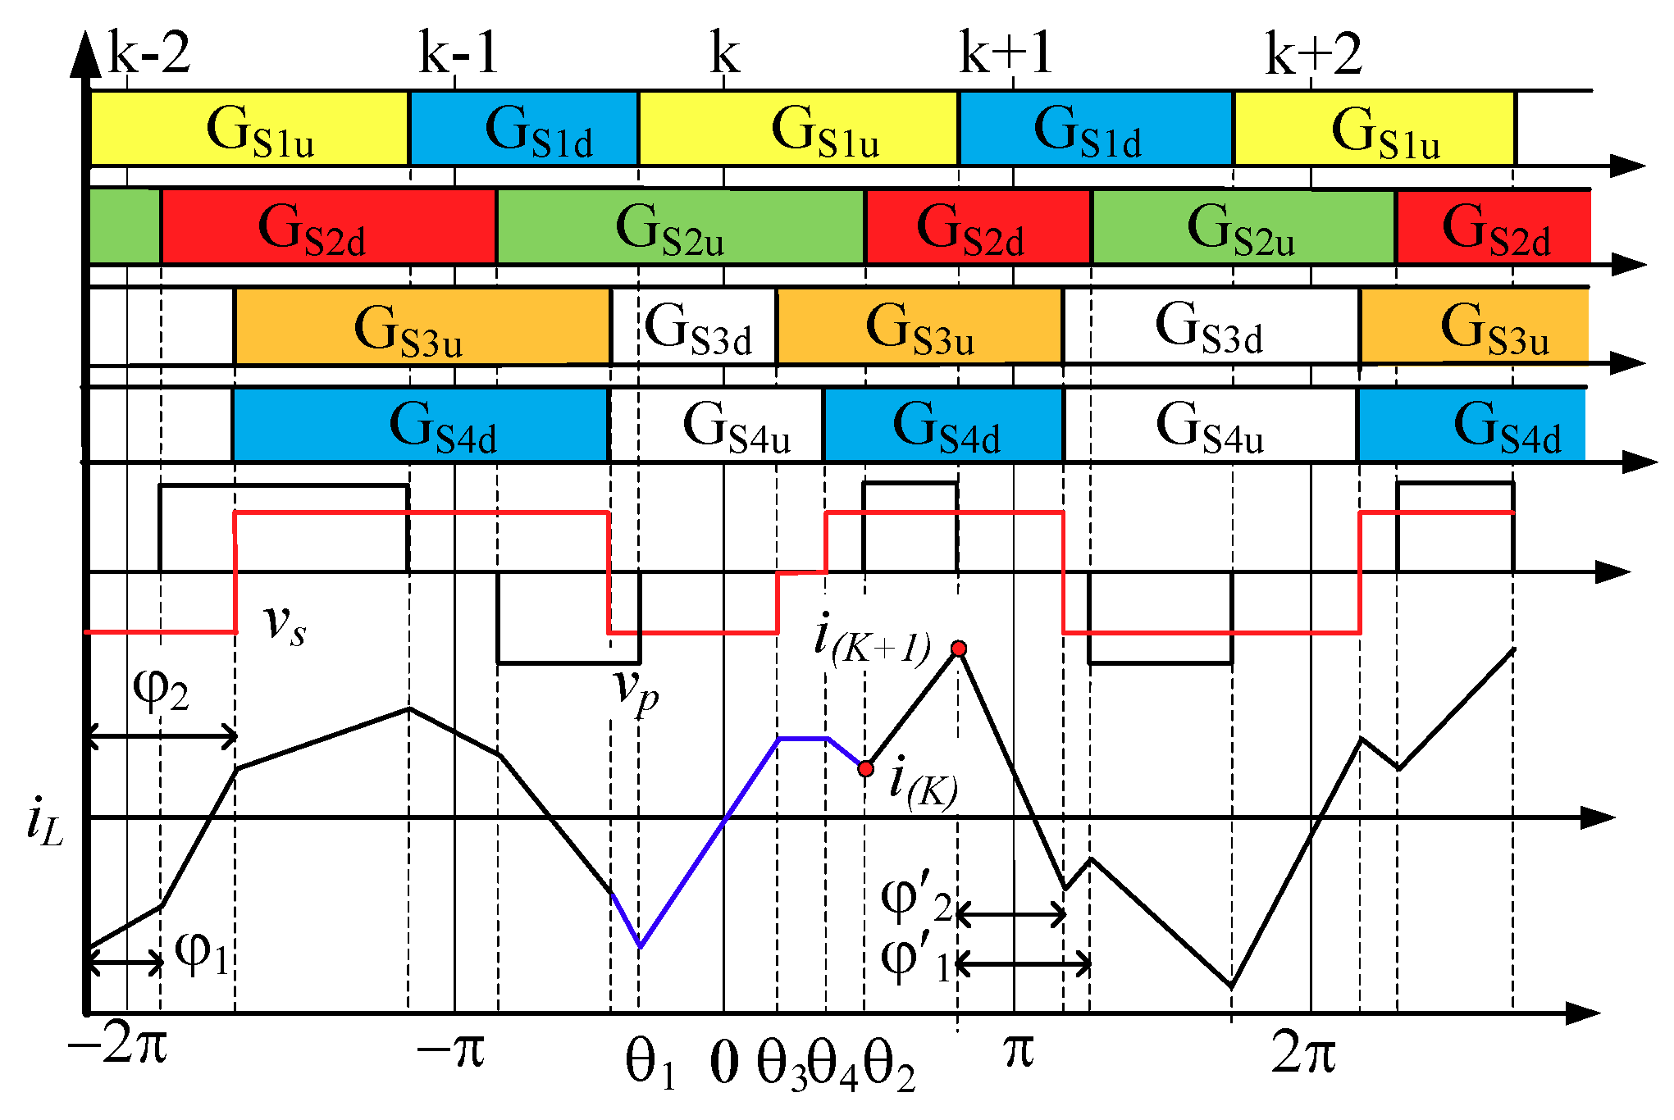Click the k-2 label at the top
149,53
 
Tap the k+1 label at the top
1006,53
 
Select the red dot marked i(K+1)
958,649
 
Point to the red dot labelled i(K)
865,768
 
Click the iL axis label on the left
44,822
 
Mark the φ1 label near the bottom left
202,953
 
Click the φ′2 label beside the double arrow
915,899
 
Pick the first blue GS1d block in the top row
523,129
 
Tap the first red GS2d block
328,226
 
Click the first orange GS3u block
422,326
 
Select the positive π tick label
1019,1049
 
